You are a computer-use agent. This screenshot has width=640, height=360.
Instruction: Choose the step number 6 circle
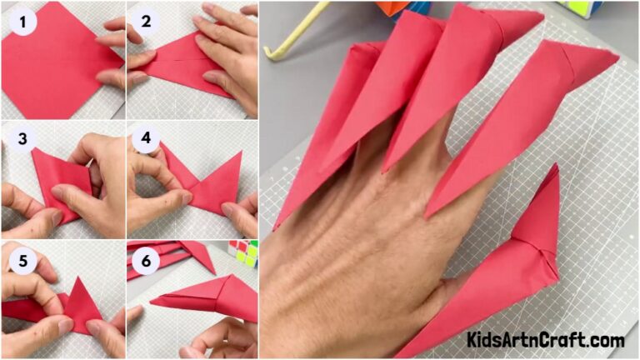[x=147, y=259]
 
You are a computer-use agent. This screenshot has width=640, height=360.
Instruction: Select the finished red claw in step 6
[x=212, y=296]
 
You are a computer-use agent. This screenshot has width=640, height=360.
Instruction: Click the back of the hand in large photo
[x=350, y=275]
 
